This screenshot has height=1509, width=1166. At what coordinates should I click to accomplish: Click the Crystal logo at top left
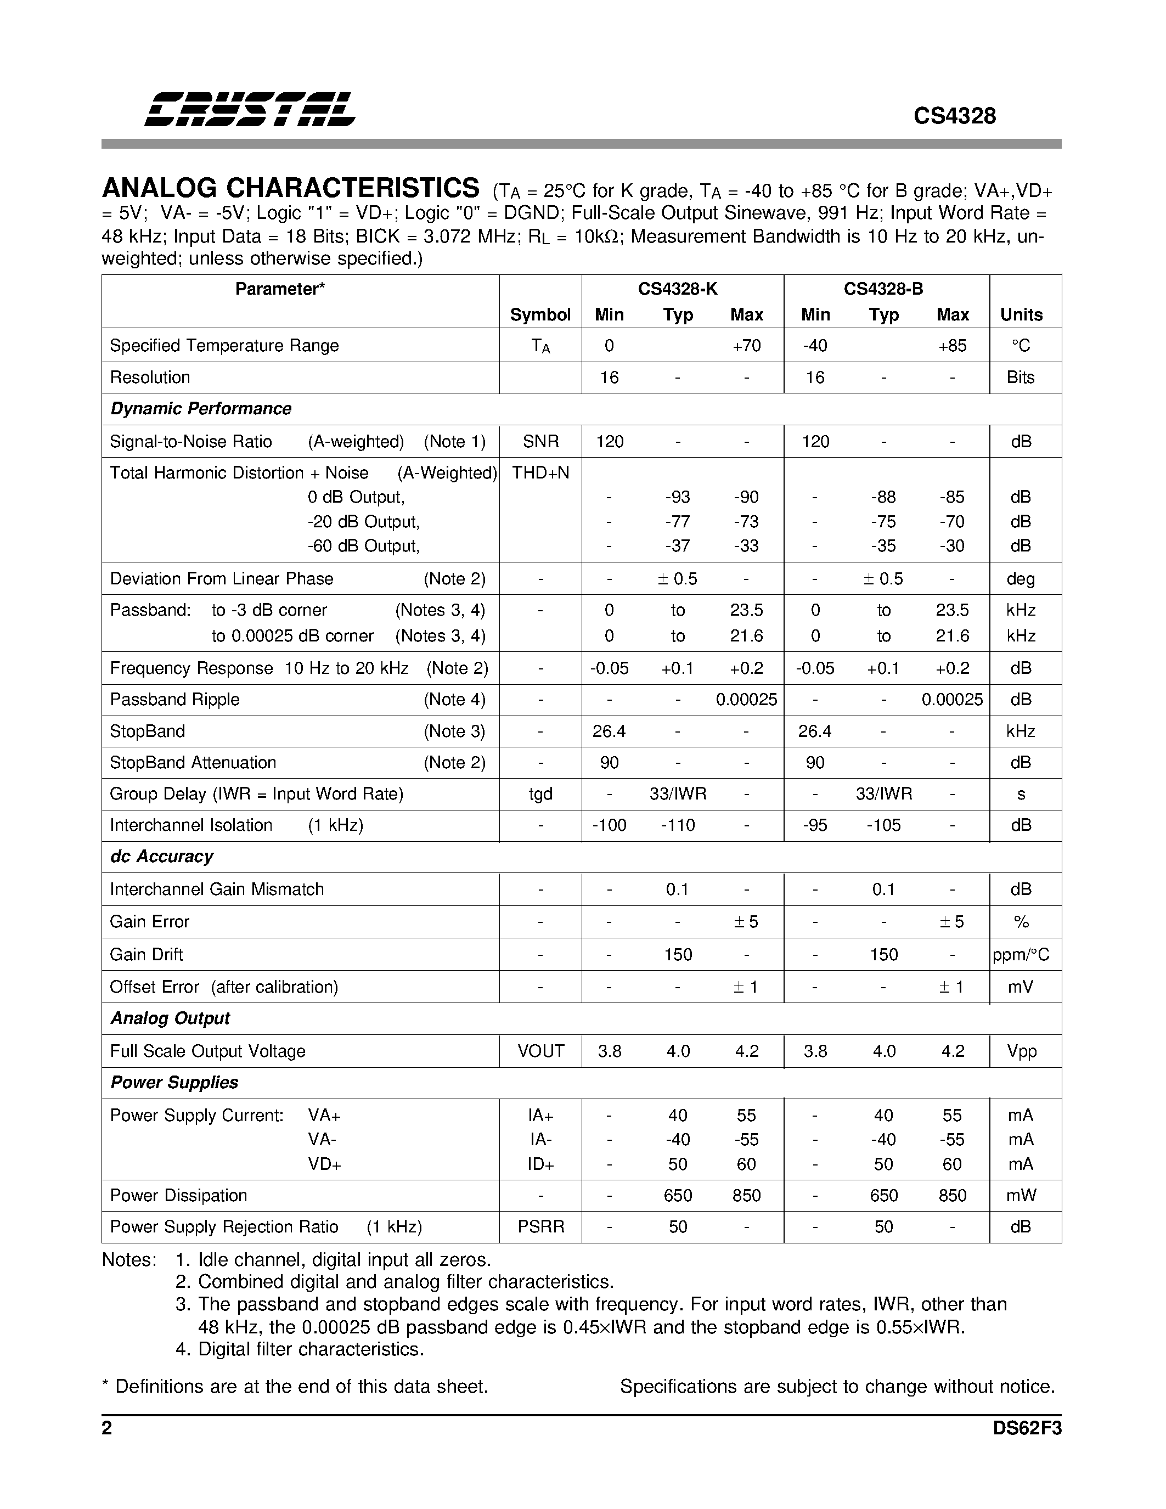[x=250, y=109]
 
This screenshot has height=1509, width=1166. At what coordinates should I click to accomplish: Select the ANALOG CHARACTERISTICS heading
[x=290, y=188]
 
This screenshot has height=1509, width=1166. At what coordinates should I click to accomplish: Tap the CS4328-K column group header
[x=677, y=289]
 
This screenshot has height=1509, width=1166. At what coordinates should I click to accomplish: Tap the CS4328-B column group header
[x=883, y=289]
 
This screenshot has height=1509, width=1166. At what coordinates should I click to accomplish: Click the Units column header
[x=1021, y=315]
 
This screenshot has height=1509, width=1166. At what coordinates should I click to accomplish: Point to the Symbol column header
[x=540, y=315]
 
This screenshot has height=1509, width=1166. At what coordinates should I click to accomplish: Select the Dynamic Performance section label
[x=200, y=408]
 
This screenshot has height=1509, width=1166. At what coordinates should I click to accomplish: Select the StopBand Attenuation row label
[x=193, y=763]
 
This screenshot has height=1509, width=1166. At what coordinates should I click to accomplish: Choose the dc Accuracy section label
[x=162, y=857]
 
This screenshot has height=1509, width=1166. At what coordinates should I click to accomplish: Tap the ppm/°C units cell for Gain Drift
[x=1021, y=955]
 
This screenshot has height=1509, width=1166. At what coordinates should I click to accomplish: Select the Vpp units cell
[x=1021, y=1051]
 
